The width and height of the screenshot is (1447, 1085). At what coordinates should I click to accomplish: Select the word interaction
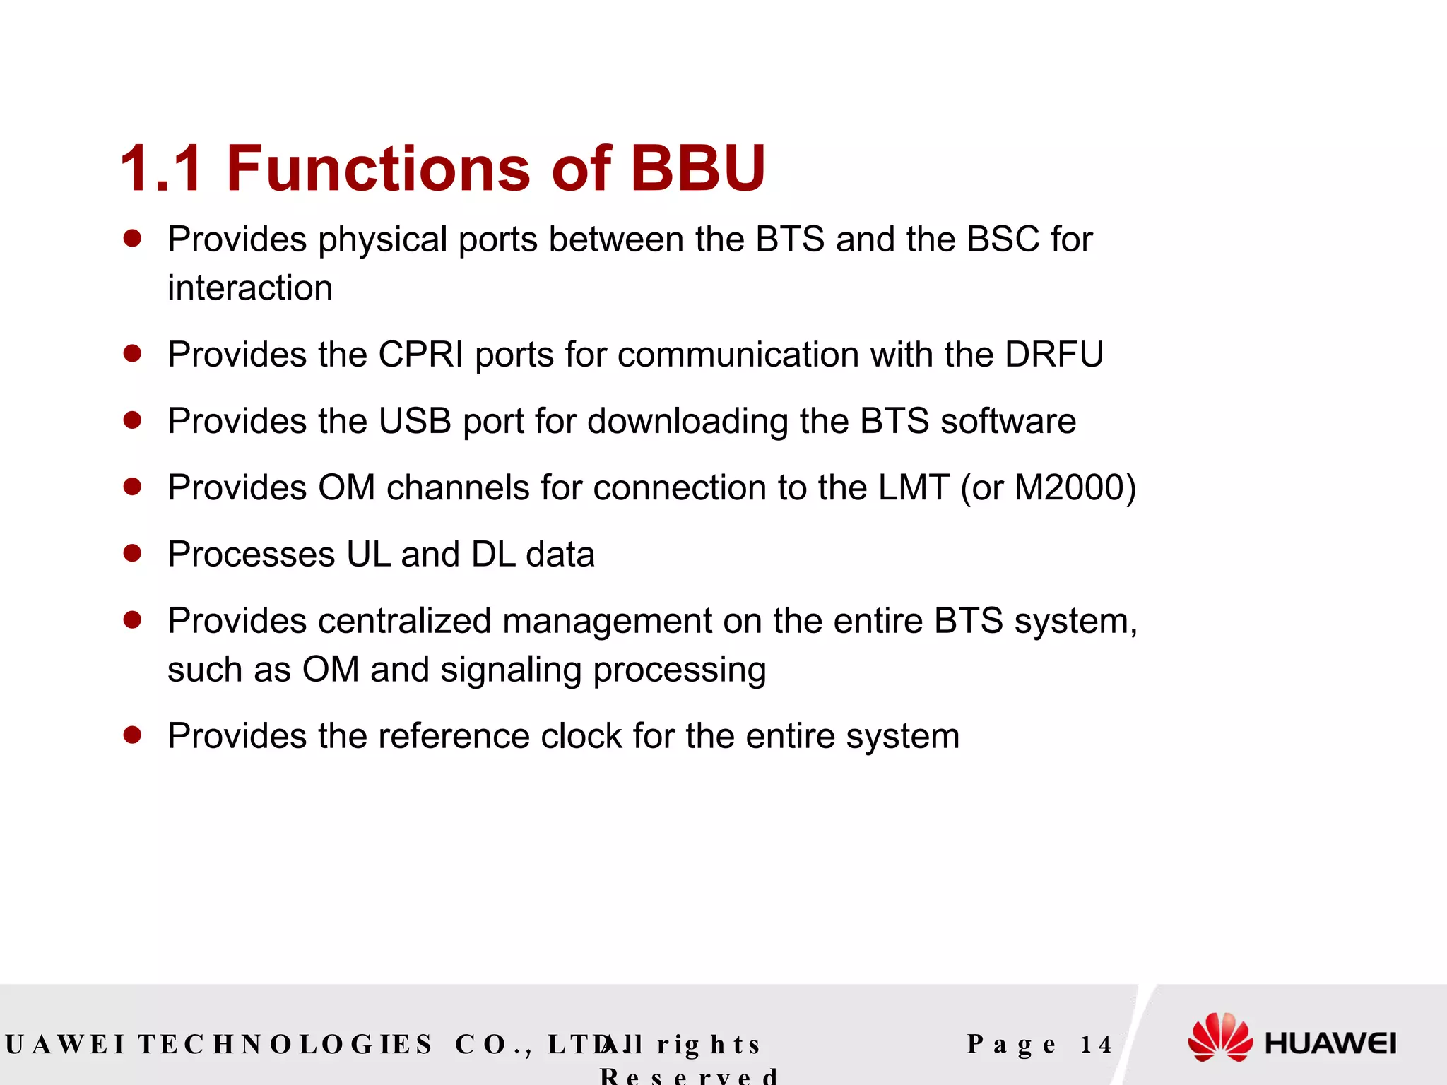coord(250,288)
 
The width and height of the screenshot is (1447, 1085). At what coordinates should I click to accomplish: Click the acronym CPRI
coord(421,355)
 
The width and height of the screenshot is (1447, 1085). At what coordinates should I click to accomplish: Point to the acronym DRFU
coord(1053,355)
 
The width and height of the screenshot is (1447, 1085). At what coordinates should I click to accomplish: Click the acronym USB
coord(415,421)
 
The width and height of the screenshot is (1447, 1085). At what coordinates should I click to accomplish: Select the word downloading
coord(687,422)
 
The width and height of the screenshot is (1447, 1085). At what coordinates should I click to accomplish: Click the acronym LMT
coord(914,487)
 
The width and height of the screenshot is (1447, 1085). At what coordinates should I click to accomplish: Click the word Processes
coord(251,555)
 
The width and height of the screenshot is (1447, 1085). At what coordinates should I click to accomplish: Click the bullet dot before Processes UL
coord(132,552)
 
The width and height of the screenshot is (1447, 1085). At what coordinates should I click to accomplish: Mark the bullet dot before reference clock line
coord(132,735)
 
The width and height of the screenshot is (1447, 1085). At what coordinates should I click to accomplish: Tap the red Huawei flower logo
coord(1219,1037)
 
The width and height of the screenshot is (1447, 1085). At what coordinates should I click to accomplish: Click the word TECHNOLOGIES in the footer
coord(285,1044)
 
